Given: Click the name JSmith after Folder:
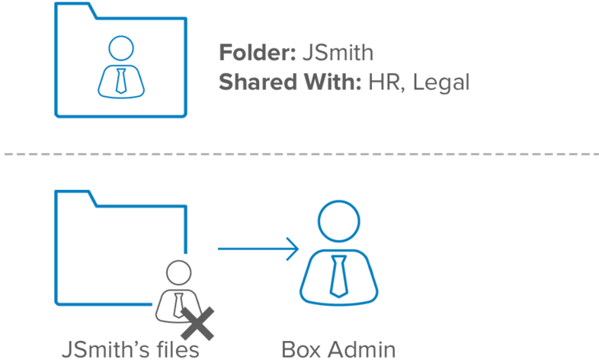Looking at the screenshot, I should (338, 53).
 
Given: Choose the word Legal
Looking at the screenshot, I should (440, 83).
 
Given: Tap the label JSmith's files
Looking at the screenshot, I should (130, 350).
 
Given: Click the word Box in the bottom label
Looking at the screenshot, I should (299, 350).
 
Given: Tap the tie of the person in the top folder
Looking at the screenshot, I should (120, 80).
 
